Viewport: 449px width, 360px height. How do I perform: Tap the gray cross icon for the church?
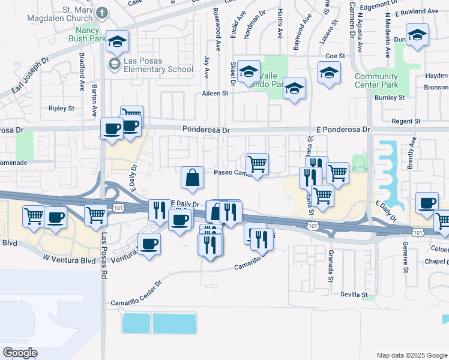click(103, 13)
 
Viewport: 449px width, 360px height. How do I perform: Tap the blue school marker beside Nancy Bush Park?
click(118, 41)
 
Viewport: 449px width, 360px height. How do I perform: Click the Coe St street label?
click(335, 56)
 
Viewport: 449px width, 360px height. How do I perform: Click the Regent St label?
click(406, 121)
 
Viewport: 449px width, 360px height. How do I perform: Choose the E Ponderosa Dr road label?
click(343, 130)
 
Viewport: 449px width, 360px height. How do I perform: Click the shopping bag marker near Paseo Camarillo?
click(192, 178)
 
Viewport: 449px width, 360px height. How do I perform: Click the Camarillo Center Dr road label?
click(136, 293)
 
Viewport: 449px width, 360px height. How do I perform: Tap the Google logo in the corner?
click(20, 353)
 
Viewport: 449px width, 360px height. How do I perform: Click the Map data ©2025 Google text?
click(411, 355)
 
